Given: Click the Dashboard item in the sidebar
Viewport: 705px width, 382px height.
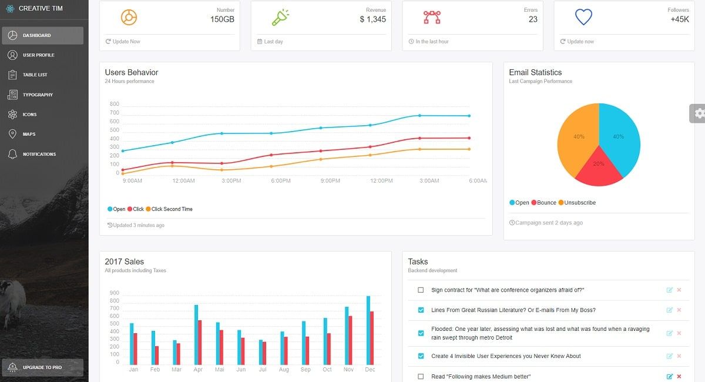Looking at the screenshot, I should (42, 35).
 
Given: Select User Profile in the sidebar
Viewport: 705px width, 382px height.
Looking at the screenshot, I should (38, 55).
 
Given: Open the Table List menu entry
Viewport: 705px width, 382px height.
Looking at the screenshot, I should (35, 75).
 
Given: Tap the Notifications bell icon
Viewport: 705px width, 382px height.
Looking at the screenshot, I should (12, 154).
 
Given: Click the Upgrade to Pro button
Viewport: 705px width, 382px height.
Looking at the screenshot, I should (42, 367).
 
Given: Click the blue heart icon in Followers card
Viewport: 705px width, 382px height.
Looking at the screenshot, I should (583, 17).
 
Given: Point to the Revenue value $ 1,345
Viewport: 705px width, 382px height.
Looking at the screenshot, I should (372, 19).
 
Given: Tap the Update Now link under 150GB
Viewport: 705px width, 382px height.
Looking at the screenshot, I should (126, 42).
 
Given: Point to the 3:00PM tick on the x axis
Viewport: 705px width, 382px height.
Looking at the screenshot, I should (231, 181).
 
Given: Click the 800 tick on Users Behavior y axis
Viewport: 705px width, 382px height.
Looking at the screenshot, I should (114, 104).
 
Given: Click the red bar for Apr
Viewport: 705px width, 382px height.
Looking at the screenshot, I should (200, 342).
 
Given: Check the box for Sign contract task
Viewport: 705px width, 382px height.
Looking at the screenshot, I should (421, 290).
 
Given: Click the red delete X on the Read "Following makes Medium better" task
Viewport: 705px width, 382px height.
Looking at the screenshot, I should (679, 376).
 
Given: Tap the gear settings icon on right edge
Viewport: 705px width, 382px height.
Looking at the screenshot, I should (699, 113).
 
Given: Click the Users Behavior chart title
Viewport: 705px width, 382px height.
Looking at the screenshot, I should (132, 72).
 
